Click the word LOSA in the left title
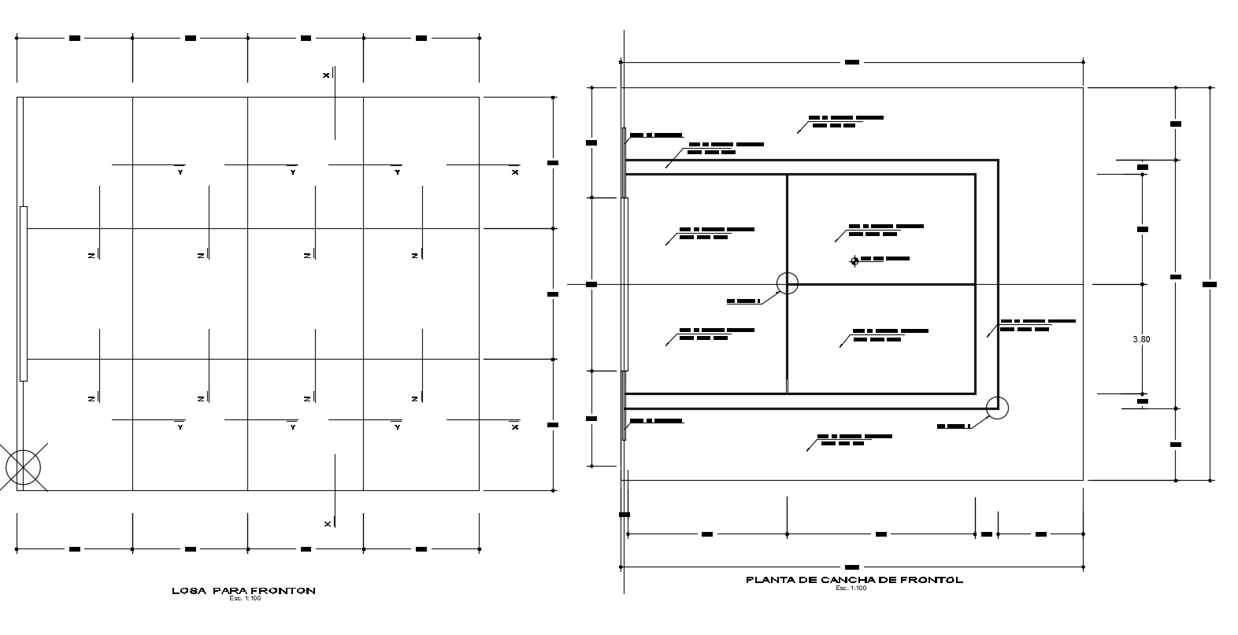[x=184, y=590]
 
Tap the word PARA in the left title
[x=228, y=590]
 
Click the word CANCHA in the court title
[x=847, y=580]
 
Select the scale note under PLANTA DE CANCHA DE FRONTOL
[x=851, y=588]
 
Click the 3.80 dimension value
[x=1141, y=339]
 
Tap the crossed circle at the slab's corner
[x=23, y=467]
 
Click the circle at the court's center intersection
[x=787, y=283]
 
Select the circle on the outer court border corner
[x=997, y=408]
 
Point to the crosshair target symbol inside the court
[x=854, y=261]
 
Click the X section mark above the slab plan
[x=326, y=76]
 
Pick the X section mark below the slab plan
[x=328, y=523]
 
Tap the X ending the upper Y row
[x=515, y=172]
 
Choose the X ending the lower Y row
[x=515, y=427]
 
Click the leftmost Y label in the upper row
[x=180, y=172]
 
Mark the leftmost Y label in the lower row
[x=180, y=427]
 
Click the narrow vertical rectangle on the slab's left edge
[x=24, y=294]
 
